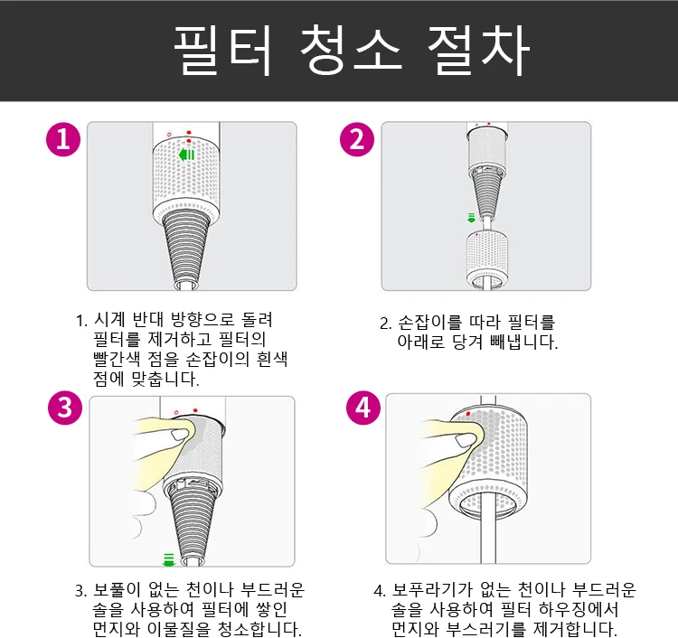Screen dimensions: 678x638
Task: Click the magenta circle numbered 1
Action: click(63, 139)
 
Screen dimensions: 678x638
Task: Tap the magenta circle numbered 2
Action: click(357, 139)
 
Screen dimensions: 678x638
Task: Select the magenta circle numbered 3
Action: click(65, 408)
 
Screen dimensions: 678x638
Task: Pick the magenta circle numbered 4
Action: click(363, 408)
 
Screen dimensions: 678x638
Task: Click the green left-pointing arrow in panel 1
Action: click(186, 155)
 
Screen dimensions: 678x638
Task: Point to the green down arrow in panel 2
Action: click(471, 218)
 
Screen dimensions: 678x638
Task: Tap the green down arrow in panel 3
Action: click(168, 559)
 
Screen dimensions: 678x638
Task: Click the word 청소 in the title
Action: click(351, 50)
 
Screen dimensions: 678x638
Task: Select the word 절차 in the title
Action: click(478, 50)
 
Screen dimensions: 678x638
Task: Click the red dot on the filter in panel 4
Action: click(468, 414)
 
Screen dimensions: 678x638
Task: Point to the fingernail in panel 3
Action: click(178, 435)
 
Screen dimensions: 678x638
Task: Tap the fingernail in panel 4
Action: click(464, 440)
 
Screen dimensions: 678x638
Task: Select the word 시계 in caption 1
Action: click(109, 320)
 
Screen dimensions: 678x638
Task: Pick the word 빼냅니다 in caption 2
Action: click(524, 342)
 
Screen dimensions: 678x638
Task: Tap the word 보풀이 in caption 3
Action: click(117, 589)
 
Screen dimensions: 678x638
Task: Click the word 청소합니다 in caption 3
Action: click(259, 629)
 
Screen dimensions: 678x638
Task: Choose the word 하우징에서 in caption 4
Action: click(579, 609)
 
